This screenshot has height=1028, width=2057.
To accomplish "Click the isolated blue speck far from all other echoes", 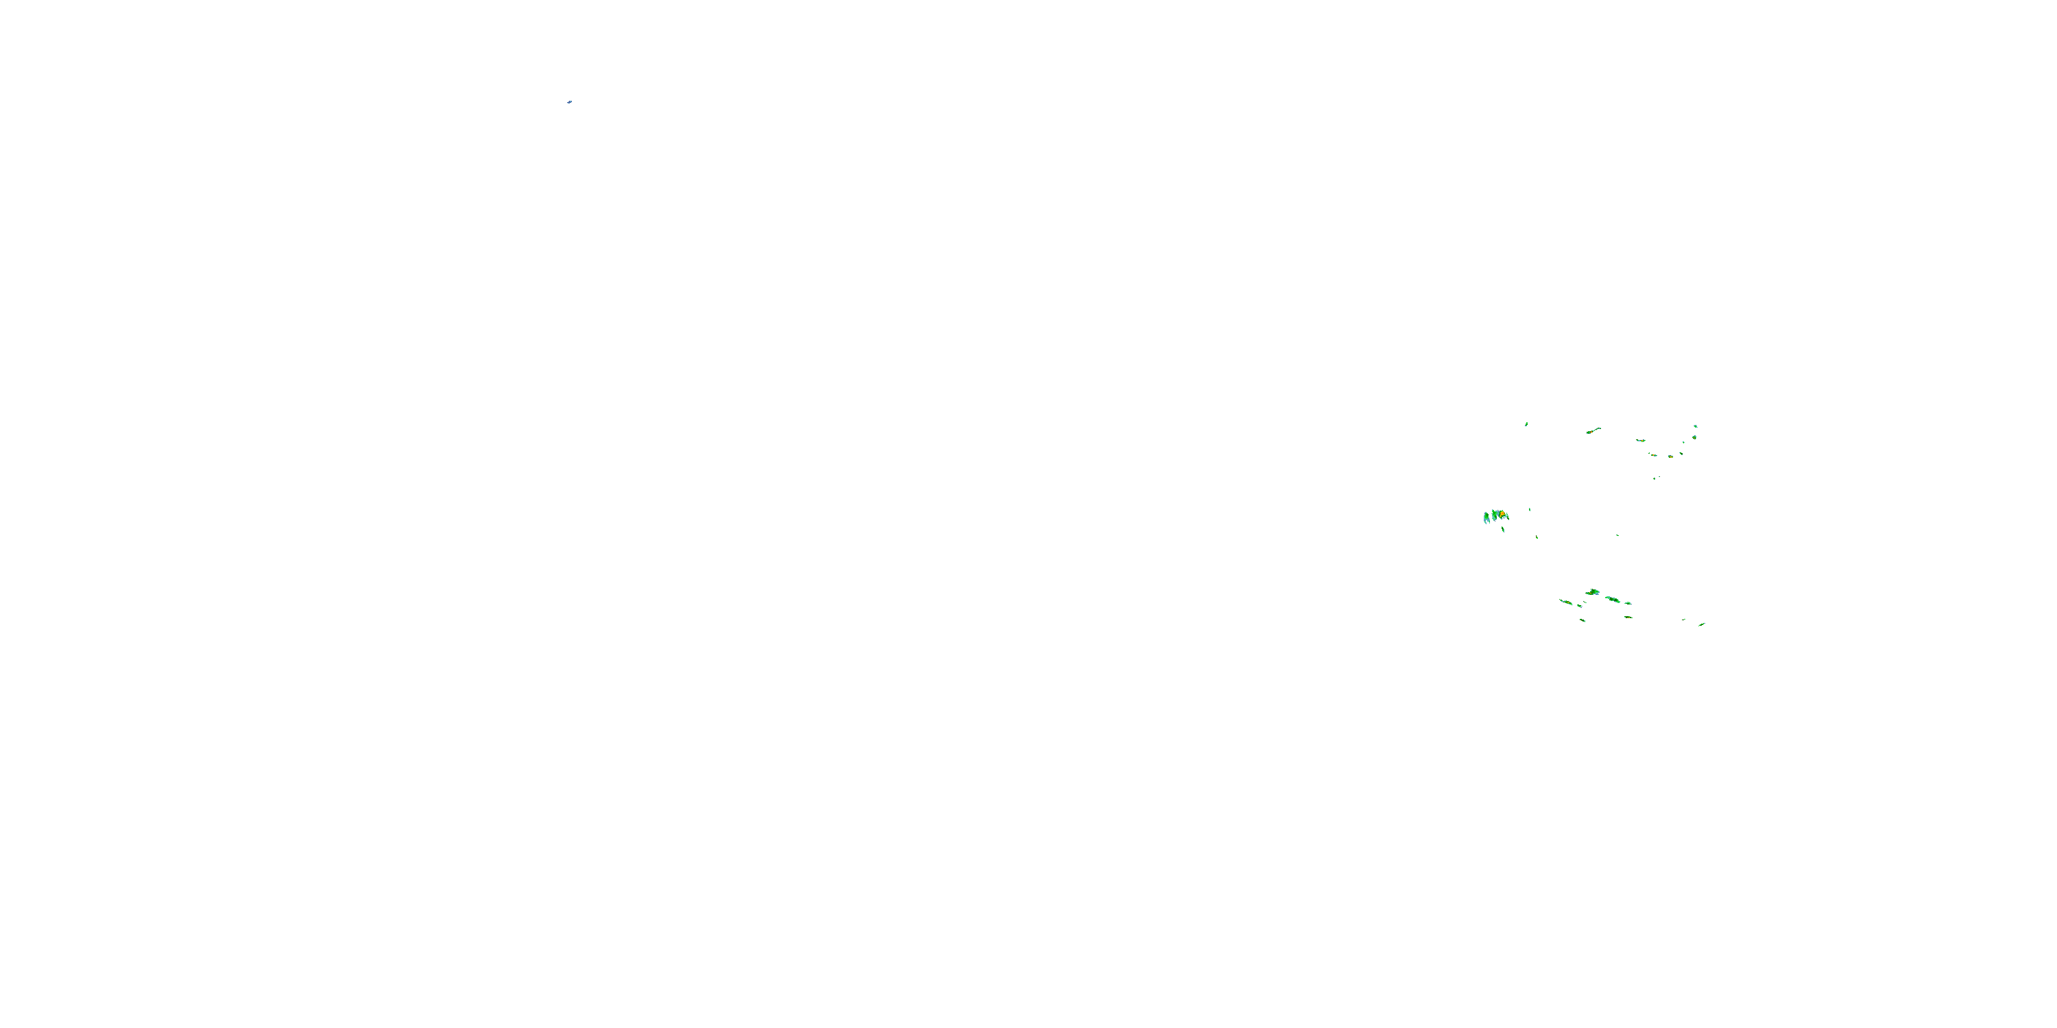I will [569, 102].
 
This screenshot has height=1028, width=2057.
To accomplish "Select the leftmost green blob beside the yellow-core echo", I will [1486, 518].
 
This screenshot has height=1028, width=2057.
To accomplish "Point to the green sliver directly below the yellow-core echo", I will [1503, 528].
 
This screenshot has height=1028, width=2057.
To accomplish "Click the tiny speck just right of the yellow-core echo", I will [1530, 509].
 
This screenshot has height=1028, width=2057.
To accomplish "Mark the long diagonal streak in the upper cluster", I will [1594, 431].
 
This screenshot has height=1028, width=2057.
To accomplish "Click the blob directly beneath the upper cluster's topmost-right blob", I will [1694, 437].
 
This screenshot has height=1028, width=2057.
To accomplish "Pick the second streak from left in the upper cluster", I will [1640, 440].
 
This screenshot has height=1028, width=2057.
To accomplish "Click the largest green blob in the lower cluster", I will [1593, 592].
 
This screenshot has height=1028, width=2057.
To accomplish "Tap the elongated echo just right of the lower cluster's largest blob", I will [1613, 600].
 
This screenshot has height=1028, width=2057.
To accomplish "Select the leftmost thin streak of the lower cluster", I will [1566, 602].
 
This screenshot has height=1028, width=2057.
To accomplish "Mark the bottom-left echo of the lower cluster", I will [1582, 620].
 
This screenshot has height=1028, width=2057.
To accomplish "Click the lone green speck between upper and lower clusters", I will [1617, 535].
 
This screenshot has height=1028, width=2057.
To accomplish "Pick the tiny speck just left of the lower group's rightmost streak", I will [1683, 620].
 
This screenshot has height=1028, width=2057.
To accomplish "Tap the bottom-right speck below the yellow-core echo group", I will [1537, 537].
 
